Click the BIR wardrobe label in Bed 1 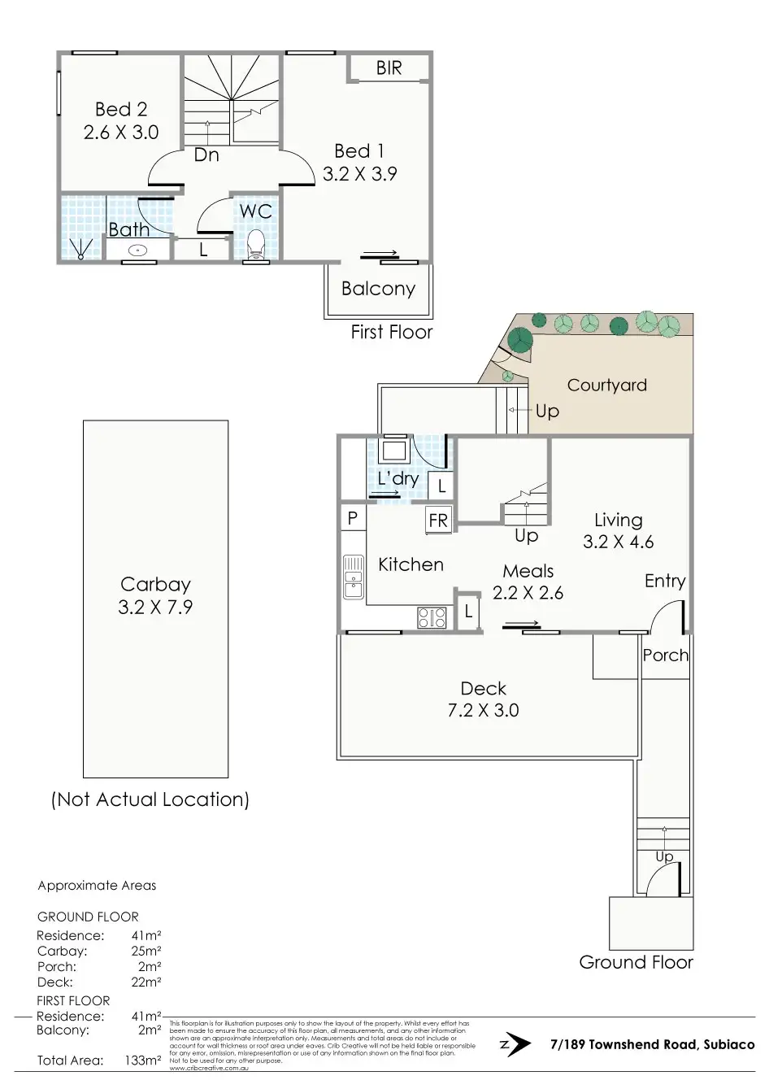(389, 68)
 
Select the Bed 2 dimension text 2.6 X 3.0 (121, 132)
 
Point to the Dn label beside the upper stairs (206, 155)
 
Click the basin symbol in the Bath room (138, 250)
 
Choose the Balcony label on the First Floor (378, 289)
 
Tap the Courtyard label (606, 386)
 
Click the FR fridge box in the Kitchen (438, 521)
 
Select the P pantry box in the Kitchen (353, 518)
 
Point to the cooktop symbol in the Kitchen (432, 618)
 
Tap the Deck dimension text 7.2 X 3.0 (483, 710)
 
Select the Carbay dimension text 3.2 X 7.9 (155, 607)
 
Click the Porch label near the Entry (665, 655)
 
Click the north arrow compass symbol (515, 1044)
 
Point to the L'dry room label (398, 478)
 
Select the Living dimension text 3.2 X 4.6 (618, 542)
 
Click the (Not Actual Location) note (150, 799)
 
